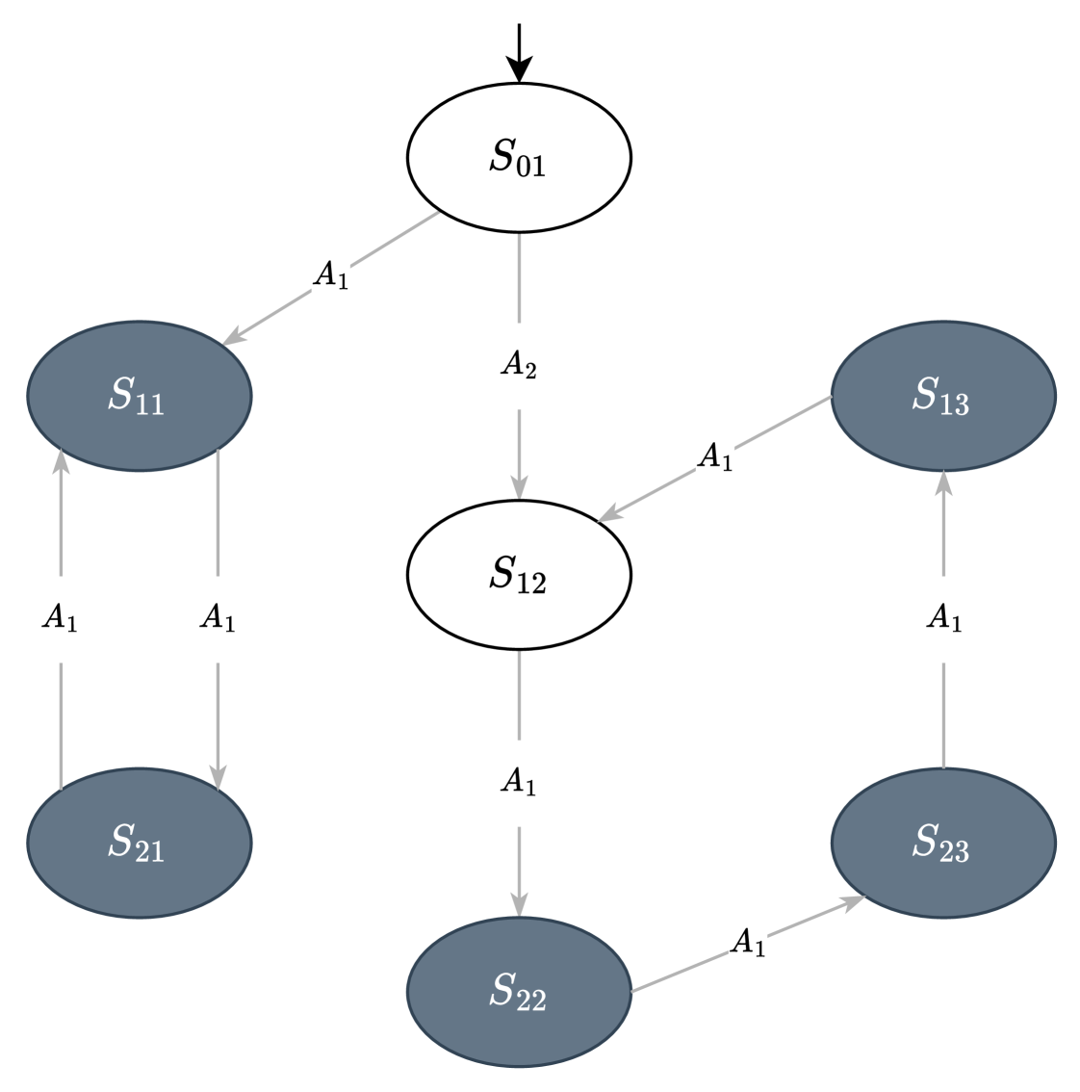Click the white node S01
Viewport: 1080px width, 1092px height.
click(x=519, y=157)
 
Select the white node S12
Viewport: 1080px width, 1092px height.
click(x=519, y=575)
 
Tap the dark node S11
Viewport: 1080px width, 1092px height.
click(x=139, y=395)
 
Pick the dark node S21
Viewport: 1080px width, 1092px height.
click(x=139, y=843)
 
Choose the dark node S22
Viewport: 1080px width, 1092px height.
click(x=519, y=991)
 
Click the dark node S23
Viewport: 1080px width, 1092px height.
click(x=942, y=843)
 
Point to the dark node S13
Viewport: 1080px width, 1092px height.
click(x=942, y=395)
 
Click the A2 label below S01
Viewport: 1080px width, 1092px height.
click(x=519, y=366)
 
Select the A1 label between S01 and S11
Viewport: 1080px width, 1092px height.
click(x=330, y=276)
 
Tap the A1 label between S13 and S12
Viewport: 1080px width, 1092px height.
click(x=714, y=457)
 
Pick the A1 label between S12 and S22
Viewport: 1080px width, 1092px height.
click(x=519, y=782)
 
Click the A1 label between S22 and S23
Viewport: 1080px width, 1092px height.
click(x=747, y=944)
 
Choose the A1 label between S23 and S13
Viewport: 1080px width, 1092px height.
click(x=943, y=619)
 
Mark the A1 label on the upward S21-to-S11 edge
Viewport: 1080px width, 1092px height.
click(x=60, y=619)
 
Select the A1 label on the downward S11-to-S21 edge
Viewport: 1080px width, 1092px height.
click(x=218, y=619)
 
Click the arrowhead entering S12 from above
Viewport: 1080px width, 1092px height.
click(x=519, y=488)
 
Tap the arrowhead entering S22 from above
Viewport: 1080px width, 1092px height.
click(x=519, y=904)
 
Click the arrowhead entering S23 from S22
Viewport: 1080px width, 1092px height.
click(x=852, y=902)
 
